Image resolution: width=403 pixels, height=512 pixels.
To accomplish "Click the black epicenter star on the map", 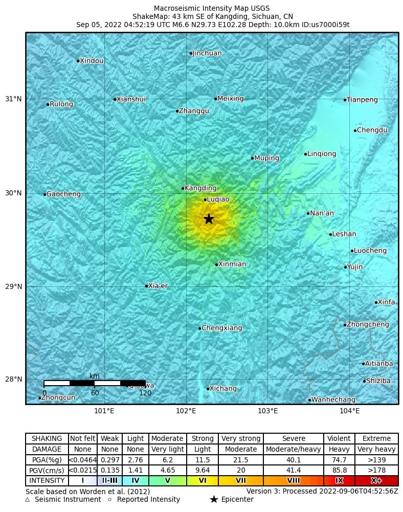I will tap(209, 219).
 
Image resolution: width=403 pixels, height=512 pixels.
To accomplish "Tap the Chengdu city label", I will tap(372, 130).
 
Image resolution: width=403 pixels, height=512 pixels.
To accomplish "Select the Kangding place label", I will tap(200, 188).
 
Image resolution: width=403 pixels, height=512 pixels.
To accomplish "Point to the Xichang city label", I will tap(223, 389).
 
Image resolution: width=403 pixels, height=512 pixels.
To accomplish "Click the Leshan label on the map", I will tap(344, 234).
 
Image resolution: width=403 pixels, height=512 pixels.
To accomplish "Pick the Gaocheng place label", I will tap(63, 194).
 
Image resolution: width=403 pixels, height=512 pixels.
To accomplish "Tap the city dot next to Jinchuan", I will tap(191, 53).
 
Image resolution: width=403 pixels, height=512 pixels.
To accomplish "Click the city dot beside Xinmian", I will tap(217, 264).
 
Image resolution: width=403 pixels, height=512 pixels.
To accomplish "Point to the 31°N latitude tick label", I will tap(14, 99).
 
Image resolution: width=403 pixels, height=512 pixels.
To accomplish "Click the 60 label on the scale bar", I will tap(95, 393).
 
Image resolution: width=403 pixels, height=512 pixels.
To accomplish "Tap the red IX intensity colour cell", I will tap(339, 481).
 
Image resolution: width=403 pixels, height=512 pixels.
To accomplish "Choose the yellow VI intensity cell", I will tap(203, 481).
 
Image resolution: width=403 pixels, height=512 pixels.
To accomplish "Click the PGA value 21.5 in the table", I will tap(240, 460).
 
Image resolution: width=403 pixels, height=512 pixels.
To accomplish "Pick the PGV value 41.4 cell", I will tap(293, 471).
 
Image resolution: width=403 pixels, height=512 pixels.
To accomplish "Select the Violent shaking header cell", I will tap(339, 439).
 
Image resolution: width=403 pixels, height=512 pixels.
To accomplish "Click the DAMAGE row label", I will tap(47, 450).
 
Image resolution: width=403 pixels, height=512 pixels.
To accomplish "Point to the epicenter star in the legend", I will tap(214, 500).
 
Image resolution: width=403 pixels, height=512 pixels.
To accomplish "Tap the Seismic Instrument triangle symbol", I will tap(28, 500).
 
